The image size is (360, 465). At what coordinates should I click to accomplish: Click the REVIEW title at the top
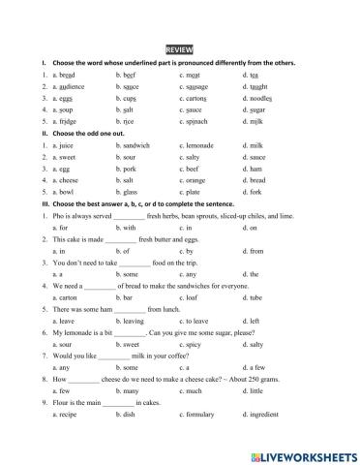[179, 47]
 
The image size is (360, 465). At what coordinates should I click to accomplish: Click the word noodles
[260, 99]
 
